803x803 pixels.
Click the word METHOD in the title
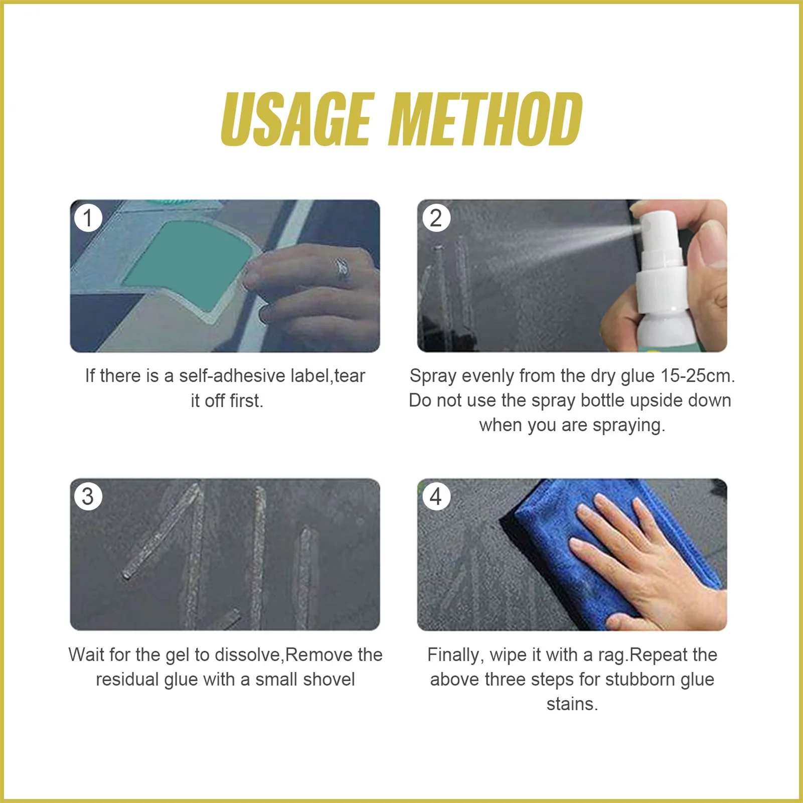pyautogui.click(x=486, y=119)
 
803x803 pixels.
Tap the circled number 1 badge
pyautogui.click(x=88, y=218)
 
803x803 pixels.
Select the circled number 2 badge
pyautogui.click(x=436, y=218)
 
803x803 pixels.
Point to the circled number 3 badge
pyautogui.click(x=88, y=497)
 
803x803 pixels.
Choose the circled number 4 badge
pyautogui.click(x=436, y=497)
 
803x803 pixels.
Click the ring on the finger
pyautogui.click(x=342, y=269)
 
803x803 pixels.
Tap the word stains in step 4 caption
pyautogui.click(x=572, y=704)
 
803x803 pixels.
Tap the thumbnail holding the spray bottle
pyautogui.click(x=572, y=276)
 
